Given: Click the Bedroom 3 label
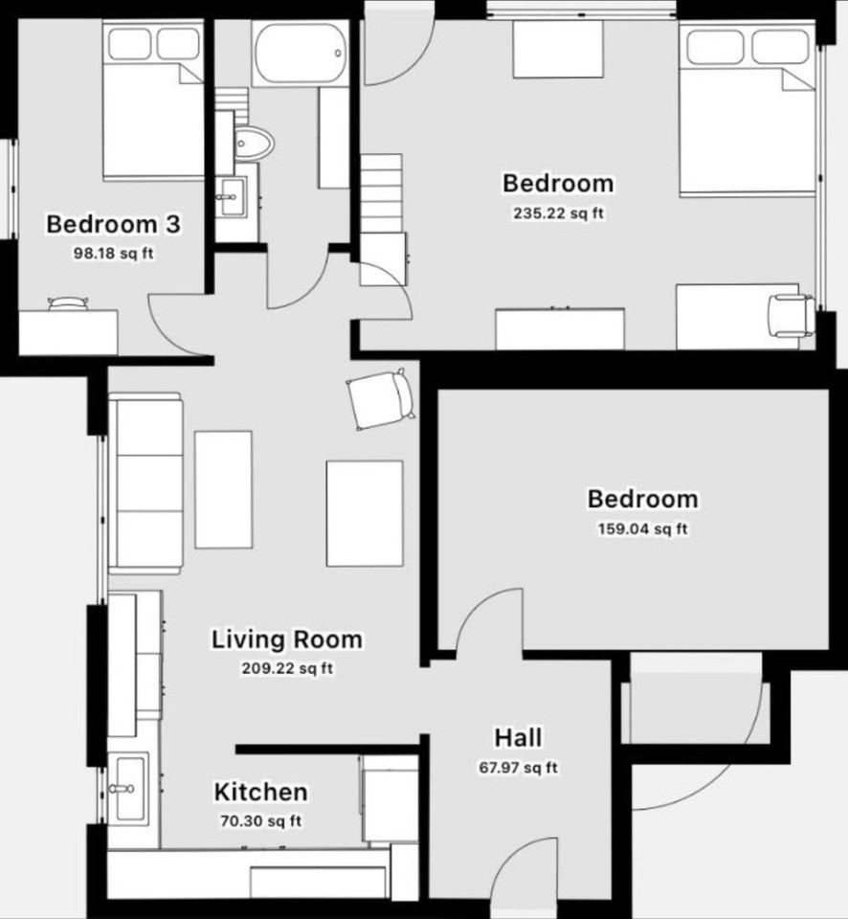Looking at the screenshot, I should point(114,225).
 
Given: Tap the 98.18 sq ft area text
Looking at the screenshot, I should point(114,254).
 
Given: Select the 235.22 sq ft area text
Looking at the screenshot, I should point(559,213).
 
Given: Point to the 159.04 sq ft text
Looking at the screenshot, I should point(642,529).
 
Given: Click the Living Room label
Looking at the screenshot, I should point(287,639).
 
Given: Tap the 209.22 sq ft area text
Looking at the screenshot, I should point(287,668).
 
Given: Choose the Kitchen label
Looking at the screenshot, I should point(260,793).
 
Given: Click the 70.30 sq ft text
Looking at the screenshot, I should point(260,820).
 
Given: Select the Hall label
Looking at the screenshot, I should point(518,738).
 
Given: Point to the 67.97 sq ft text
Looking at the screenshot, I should point(518,767).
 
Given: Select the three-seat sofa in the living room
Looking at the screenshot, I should point(146,484).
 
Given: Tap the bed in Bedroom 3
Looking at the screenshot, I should point(153,105).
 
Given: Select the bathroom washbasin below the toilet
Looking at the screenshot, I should point(230,199).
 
